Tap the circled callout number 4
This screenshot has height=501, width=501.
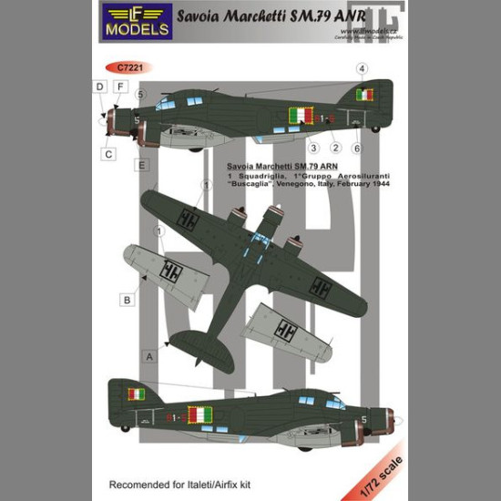[x=361, y=68]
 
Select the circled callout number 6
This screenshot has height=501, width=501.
[x=357, y=148]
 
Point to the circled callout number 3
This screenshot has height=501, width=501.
[x=312, y=148]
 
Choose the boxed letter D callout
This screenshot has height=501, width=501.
[x=99, y=87]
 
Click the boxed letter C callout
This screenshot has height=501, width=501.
[x=108, y=154]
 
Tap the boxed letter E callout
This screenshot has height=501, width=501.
[x=142, y=165]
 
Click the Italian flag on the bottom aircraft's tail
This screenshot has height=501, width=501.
[x=138, y=394]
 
